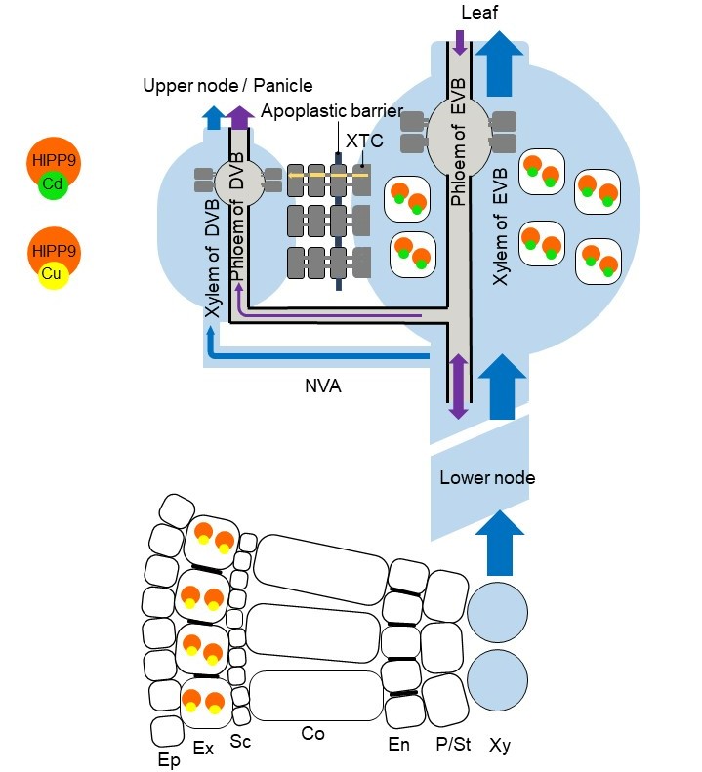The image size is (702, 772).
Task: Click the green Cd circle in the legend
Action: tap(52, 185)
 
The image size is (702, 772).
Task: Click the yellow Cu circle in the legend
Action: tap(52, 274)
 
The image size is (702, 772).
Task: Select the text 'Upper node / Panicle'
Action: tap(227, 86)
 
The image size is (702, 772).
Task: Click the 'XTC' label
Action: tap(363, 142)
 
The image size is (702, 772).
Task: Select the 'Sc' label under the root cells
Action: tap(240, 742)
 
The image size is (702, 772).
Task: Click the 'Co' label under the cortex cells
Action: tap(312, 733)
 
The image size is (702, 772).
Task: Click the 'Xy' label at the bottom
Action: tap(500, 746)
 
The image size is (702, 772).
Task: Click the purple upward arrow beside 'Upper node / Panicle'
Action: tap(240, 117)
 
